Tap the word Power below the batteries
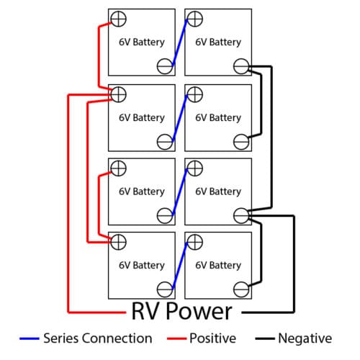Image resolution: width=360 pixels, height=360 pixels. (x=199, y=311)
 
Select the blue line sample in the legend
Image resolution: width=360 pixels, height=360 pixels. (x=30, y=338)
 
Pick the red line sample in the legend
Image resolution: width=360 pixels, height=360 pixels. (x=177, y=338)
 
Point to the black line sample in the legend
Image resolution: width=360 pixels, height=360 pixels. (x=265, y=338)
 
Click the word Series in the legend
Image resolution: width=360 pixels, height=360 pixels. (x=61, y=338)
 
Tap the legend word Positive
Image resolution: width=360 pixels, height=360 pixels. (x=213, y=338)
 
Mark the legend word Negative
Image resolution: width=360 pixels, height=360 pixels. (x=305, y=338)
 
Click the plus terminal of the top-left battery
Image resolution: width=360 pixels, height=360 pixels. (x=119, y=19)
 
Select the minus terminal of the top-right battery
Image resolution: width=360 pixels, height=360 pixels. (x=241, y=66)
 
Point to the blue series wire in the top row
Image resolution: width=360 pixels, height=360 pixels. (x=180, y=42)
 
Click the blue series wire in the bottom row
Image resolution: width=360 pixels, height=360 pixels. (x=180, y=266)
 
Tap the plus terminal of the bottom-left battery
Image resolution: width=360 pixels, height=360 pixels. (x=119, y=242)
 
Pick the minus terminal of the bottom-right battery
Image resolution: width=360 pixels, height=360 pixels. (x=241, y=289)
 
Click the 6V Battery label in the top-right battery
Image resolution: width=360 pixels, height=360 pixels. (x=218, y=42)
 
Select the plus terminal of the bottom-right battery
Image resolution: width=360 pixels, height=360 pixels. (x=195, y=242)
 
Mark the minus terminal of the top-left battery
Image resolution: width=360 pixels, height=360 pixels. (x=165, y=66)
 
